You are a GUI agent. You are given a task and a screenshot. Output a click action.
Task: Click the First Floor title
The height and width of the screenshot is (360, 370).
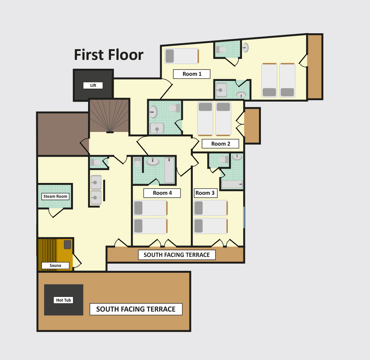click(109, 55)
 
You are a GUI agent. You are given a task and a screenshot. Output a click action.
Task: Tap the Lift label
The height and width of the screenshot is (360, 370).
click(93, 85)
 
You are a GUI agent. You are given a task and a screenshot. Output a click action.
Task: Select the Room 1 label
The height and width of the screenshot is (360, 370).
click(192, 74)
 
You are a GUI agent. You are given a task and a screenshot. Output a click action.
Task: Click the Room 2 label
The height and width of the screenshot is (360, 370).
click(221, 144)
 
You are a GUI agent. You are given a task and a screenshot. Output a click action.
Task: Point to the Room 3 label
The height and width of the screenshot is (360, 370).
click(205, 193)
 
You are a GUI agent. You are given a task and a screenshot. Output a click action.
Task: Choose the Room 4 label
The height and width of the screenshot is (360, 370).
click(162, 193)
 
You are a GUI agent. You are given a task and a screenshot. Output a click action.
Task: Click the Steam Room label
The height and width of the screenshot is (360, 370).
click(55, 196)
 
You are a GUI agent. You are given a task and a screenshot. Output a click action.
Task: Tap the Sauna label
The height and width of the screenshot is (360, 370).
click(55, 265)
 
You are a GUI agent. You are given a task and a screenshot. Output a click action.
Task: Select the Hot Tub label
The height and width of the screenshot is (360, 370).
click(64, 300)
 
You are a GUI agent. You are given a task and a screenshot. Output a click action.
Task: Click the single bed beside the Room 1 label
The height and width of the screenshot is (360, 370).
click(182, 56)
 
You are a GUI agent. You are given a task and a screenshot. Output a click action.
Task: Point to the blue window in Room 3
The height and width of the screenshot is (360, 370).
click(244, 217)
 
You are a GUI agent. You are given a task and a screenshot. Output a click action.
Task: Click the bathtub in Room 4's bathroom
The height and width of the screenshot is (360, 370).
click(169, 170)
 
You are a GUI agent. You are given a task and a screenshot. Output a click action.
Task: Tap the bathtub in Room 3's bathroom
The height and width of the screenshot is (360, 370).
click(232, 184)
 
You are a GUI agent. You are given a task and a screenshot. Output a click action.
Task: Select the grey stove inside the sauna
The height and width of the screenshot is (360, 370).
click(67, 244)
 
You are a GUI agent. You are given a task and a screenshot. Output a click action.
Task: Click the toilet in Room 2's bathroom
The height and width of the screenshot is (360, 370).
click(174, 108)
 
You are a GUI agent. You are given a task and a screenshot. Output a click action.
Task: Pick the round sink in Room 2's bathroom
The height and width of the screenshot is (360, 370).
click(154, 112)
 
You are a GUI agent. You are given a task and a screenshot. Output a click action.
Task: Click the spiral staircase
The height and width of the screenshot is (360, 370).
click(110, 116)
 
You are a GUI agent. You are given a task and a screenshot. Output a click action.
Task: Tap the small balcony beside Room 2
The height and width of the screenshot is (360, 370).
click(252, 125)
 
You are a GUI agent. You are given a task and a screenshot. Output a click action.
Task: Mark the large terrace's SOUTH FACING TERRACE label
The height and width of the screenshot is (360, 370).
click(136, 309)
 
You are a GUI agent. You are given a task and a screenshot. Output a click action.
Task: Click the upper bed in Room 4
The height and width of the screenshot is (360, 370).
click(151, 208)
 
